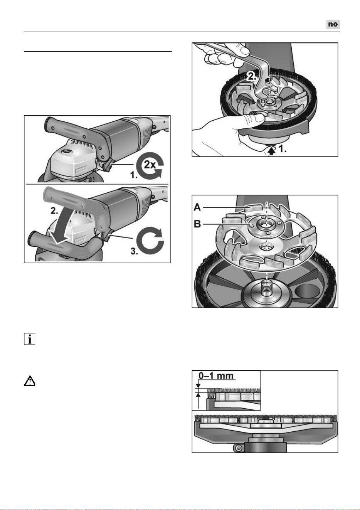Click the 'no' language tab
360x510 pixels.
click(333, 24)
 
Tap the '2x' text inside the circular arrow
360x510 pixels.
click(150, 164)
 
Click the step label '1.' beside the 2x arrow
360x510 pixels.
click(134, 175)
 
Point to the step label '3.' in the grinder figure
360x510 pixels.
click(134, 251)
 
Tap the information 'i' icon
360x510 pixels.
click(30, 339)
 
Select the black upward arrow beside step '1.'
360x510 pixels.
click(272, 151)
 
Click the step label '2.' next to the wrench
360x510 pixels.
click(252, 76)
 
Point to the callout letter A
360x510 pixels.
click(197, 207)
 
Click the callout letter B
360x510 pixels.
click(197, 224)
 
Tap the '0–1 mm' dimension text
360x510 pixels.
click(215, 375)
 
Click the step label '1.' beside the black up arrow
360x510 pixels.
click(283, 149)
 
